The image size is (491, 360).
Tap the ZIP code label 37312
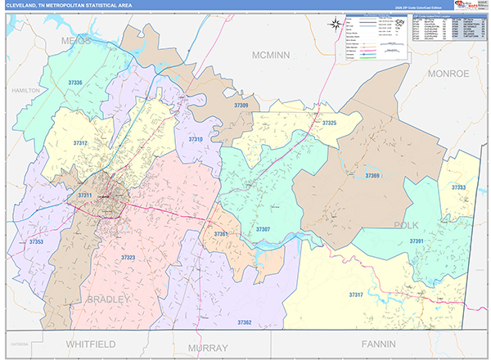click(x=80, y=142)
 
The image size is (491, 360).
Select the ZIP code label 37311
click(x=85, y=196)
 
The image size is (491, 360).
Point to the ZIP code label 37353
click(x=36, y=242)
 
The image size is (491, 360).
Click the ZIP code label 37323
click(x=128, y=258)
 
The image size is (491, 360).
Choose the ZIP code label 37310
click(x=196, y=140)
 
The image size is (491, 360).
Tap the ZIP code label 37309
click(x=241, y=106)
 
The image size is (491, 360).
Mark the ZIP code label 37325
click(x=329, y=123)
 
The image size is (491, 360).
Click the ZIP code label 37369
click(x=372, y=176)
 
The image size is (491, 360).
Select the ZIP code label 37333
click(x=458, y=187)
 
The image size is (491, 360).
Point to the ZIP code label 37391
click(x=417, y=241)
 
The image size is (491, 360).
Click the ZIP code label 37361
click(x=221, y=234)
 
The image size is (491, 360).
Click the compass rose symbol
click(x=335, y=24)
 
